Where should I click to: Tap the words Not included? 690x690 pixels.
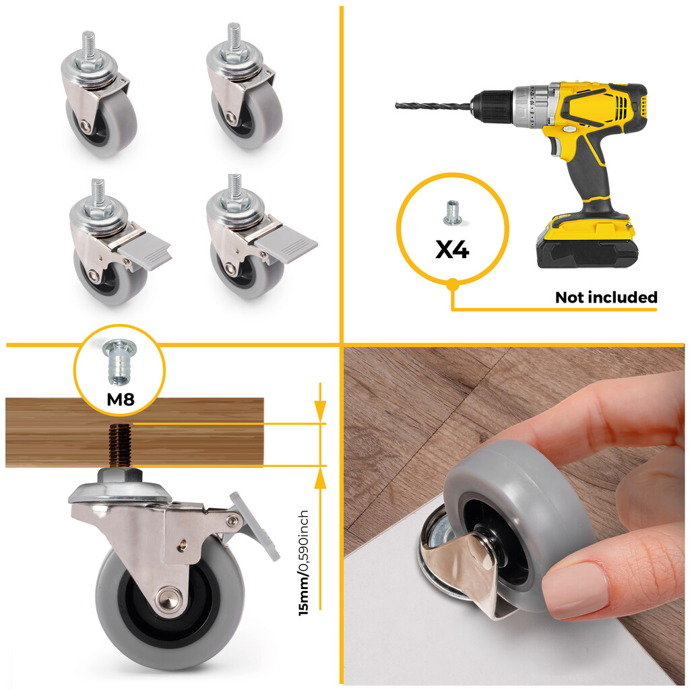click(606, 297)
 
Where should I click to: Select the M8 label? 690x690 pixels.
click(121, 400)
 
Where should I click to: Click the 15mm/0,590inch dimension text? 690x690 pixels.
click(304, 563)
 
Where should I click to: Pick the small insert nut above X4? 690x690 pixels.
click(451, 214)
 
